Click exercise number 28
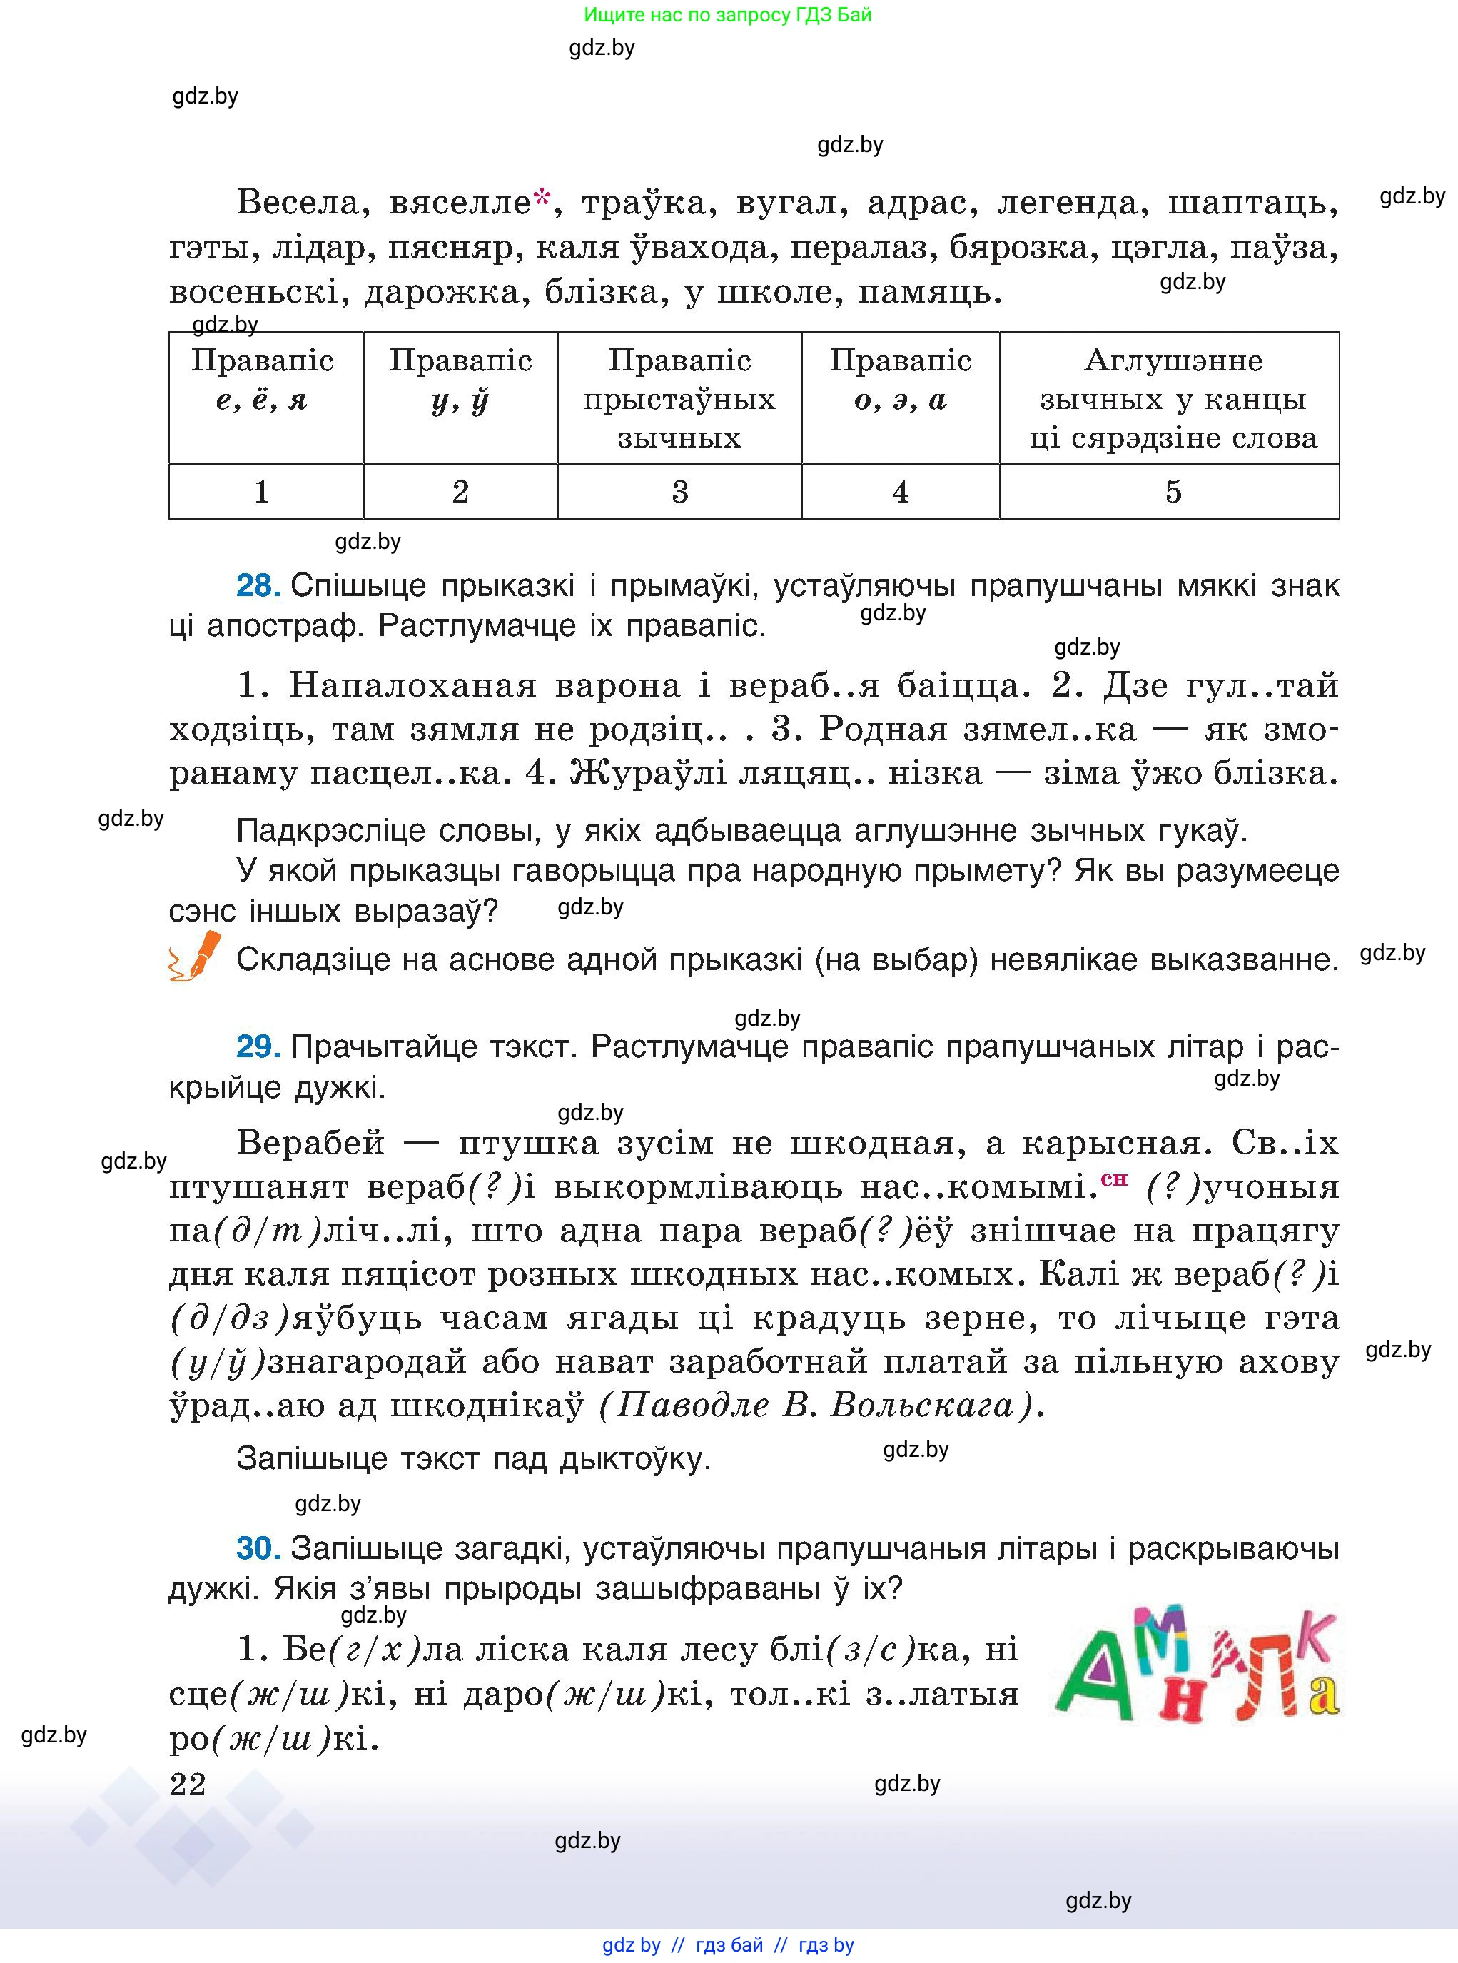[x=257, y=585]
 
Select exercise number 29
[x=257, y=1047]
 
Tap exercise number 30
[x=258, y=1548]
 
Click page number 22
[x=187, y=1784]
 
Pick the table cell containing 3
[x=679, y=492]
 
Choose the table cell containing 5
[x=1172, y=492]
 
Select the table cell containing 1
[x=262, y=492]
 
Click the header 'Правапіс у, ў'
[x=460, y=380]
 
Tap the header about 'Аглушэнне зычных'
[x=1172, y=398]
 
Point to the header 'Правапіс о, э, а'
[x=899, y=380]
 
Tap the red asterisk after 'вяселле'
[x=542, y=196]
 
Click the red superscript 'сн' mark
[x=1114, y=1178]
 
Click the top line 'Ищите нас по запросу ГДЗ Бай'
[x=727, y=15]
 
